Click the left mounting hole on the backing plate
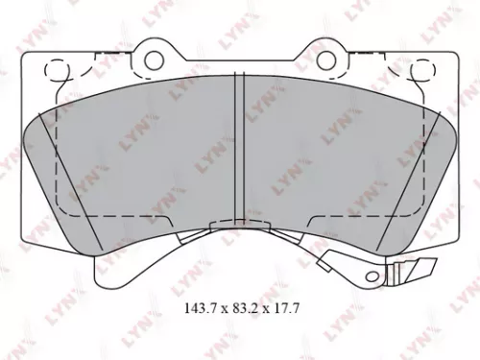155,60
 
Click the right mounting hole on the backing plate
325,60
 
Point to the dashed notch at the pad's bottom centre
240,228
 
